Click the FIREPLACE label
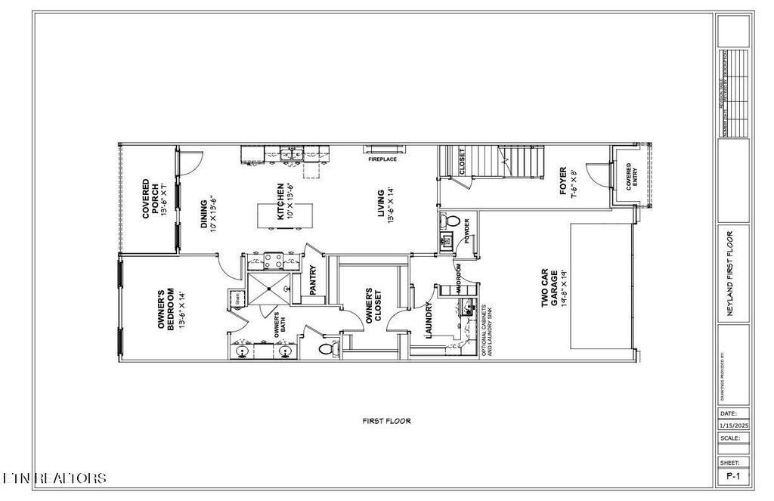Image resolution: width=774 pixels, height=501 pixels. click(x=382, y=160)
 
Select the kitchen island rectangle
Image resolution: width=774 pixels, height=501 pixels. click(x=276, y=215)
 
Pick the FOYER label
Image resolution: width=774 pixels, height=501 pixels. click(x=568, y=181)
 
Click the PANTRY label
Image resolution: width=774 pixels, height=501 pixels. click(x=313, y=278)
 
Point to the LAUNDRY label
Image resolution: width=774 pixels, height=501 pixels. click(x=428, y=320)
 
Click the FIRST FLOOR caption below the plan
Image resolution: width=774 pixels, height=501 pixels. click(x=386, y=421)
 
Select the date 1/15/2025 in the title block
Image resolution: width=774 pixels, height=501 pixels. click(x=732, y=426)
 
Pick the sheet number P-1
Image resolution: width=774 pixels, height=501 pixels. click(x=732, y=476)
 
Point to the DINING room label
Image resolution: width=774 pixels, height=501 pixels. click(x=209, y=215)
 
